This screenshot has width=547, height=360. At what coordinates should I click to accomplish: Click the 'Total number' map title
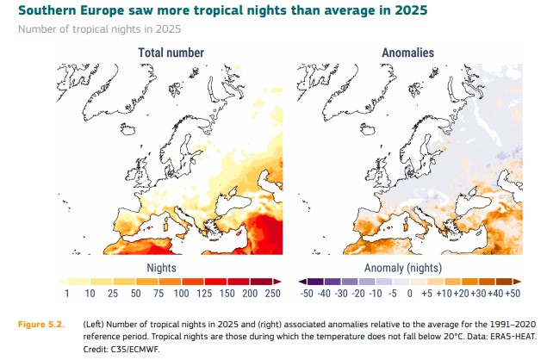click(x=171, y=53)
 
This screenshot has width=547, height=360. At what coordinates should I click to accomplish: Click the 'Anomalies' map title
click(x=407, y=53)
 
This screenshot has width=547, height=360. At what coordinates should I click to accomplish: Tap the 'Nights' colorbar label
click(x=161, y=268)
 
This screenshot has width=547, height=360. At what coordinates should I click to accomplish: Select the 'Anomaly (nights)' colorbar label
click(x=403, y=268)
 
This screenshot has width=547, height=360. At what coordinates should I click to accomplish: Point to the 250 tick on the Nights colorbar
click(x=272, y=294)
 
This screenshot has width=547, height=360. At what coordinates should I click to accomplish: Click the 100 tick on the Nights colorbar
click(x=182, y=294)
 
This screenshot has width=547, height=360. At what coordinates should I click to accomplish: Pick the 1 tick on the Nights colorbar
click(x=66, y=294)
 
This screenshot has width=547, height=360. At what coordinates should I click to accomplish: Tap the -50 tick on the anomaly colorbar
click(x=307, y=294)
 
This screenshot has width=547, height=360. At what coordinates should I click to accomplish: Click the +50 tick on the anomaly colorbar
click(x=513, y=294)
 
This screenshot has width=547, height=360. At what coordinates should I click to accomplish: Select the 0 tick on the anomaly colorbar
click(x=409, y=294)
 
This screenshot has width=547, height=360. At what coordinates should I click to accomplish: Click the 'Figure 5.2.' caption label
click(x=41, y=325)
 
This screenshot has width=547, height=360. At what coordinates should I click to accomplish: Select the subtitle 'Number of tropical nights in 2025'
click(x=99, y=29)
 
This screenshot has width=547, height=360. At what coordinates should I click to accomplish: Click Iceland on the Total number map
click(x=127, y=128)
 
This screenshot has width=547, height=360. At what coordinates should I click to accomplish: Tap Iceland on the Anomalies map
click(x=368, y=128)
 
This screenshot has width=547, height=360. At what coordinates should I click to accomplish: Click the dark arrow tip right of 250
click(x=277, y=282)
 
